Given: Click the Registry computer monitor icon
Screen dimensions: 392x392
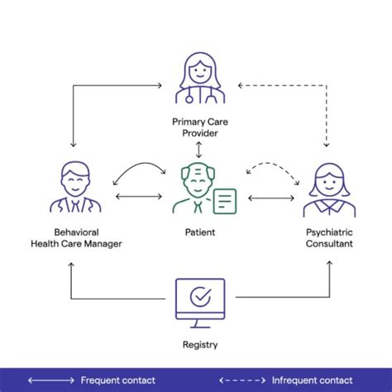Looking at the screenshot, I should click(x=199, y=301).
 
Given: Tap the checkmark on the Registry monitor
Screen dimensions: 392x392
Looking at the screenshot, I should click(x=199, y=295).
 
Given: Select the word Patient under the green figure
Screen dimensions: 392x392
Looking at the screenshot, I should click(x=199, y=232).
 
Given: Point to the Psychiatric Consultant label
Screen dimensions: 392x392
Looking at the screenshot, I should click(x=329, y=238).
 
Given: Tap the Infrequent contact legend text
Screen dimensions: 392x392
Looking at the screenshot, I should click(x=312, y=380).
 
